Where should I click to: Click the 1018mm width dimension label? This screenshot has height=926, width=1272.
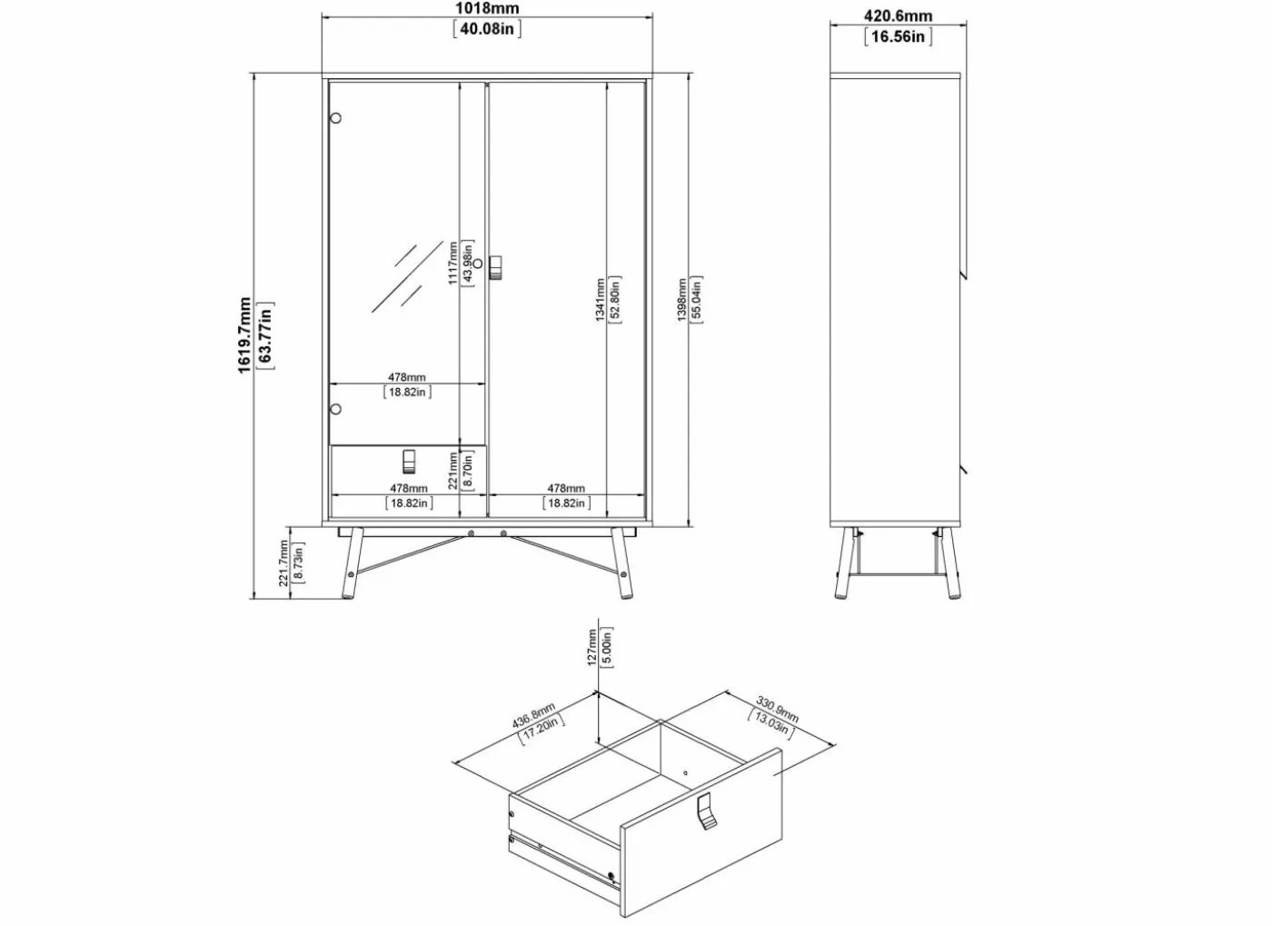[487, 8]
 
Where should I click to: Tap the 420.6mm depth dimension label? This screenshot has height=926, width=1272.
[898, 16]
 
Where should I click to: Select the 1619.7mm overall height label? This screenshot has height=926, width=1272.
[244, 334]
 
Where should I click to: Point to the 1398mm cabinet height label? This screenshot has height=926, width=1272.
[682, 299]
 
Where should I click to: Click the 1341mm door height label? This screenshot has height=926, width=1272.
[601, 299]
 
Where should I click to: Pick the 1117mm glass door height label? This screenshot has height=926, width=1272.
[452, 263]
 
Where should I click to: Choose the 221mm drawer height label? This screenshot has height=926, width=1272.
[452, 471]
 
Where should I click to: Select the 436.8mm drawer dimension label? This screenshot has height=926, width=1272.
[534, 715]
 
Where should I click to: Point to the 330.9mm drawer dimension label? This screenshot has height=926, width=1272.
[778, 710]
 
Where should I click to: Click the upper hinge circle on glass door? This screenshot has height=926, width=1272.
[335, 118]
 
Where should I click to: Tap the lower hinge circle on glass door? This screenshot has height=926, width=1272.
[335, 409]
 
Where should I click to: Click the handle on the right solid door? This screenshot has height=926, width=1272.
[495, 267]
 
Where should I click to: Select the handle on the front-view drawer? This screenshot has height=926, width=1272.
[409, 462]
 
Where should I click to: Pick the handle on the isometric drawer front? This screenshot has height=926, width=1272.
[706, 811]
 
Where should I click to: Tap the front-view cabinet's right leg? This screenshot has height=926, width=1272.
[622, 563]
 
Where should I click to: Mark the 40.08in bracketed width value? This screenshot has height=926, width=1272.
[487, 28]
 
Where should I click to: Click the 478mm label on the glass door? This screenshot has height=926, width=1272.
[407, 377]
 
